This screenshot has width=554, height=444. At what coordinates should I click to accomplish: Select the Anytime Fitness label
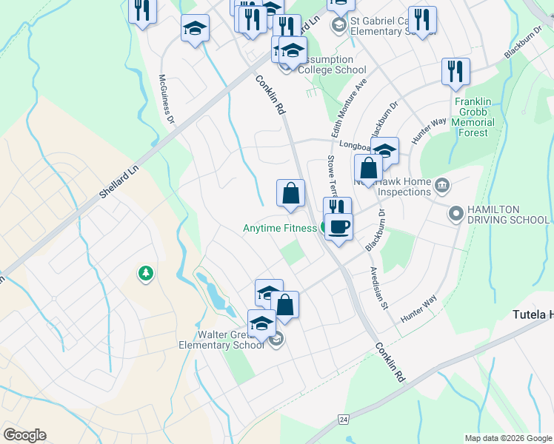tap(280, 229)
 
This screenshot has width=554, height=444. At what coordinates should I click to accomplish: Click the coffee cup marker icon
tap(338, 226)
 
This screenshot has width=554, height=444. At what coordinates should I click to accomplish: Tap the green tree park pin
tap(146, 274)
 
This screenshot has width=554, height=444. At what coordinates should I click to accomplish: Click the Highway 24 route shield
tap(343, 420)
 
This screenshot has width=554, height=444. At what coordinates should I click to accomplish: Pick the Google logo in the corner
tap(24, 435)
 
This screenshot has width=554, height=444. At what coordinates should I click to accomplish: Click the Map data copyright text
tap(508, 438)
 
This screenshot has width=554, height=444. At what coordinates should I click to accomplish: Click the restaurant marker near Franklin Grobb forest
tap(455, 72)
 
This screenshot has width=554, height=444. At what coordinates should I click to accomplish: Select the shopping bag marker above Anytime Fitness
tap(291, 193)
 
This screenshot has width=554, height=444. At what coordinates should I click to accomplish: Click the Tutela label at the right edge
tap(533, 315)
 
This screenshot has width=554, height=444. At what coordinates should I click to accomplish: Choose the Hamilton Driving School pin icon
tap(455, 215)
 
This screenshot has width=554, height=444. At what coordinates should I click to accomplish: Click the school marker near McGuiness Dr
tap(195, 29)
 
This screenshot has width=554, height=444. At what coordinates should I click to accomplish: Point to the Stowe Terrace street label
tap(332, 175)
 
